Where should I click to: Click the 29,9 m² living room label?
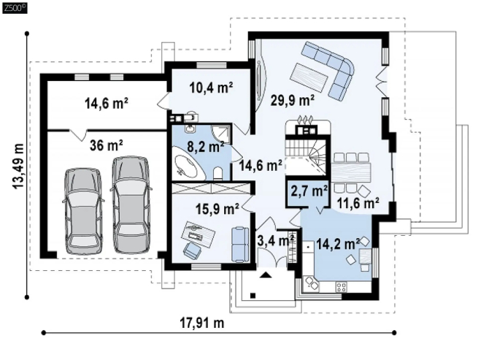[293, 100]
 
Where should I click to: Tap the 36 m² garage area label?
[107, 145]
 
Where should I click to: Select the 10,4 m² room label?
[211, 88]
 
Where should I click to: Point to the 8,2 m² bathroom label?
[206, 147]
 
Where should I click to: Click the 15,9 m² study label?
[217, 209]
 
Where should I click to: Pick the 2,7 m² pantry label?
[309, 191]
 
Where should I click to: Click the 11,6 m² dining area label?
[358, 202]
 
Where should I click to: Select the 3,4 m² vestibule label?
[276, 240]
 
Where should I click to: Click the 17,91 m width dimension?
[202, 323]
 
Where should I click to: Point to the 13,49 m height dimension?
[18, 166]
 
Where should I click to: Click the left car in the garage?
[83, 210]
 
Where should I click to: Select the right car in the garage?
[131, 204]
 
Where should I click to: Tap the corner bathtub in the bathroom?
[188, 163]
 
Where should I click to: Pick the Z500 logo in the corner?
[15, 8]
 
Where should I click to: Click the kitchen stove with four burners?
[341, 286]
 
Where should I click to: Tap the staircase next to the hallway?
[306, 157]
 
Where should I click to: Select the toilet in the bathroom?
[218, 173]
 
